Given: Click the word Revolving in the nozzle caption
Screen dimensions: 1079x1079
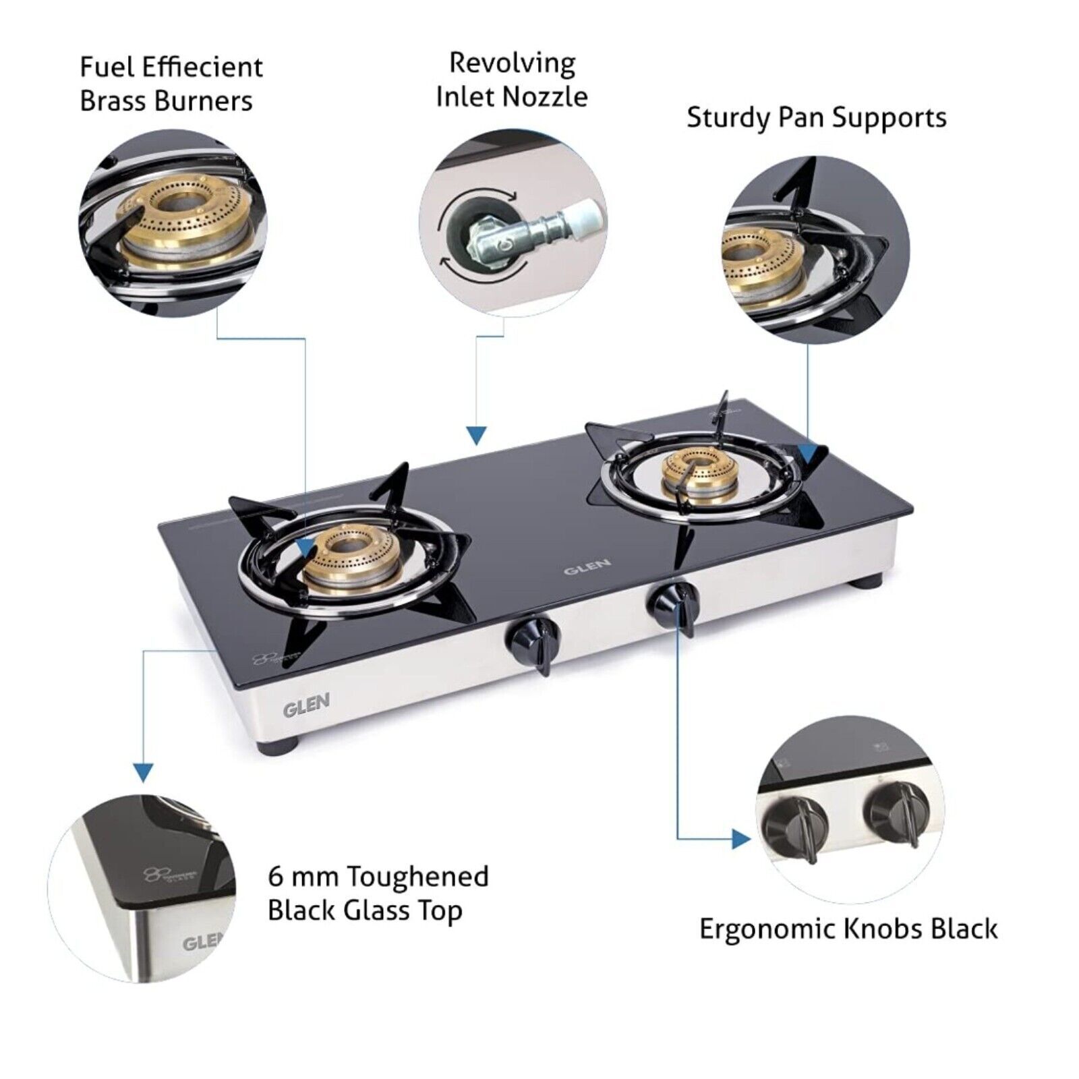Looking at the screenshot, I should [512, 64].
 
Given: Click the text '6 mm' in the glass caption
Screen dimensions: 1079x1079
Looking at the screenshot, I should [303, 877].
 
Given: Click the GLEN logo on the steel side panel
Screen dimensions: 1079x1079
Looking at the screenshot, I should [306, 706].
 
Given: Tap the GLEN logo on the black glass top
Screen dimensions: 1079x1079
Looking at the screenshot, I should [587, 566].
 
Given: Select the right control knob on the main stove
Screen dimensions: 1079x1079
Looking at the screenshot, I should [675, 601].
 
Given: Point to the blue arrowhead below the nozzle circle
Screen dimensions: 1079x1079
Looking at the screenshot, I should [477, 436].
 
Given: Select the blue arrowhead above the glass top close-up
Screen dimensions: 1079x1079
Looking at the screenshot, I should [143, 772].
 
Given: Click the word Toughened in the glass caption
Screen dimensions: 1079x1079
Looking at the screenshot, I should [417, 877].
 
